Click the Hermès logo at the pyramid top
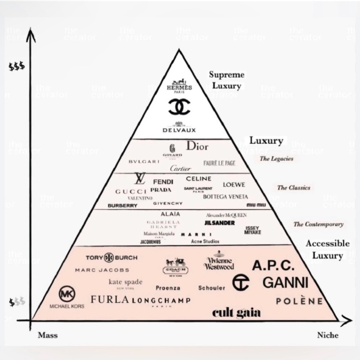point(179,86)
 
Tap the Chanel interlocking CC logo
point(179,107)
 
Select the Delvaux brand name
point(179,130)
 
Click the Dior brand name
point(197,146)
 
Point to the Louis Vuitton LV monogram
point(140,178)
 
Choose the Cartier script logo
point(180,168)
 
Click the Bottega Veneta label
point(225,197)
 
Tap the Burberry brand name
point(122,206)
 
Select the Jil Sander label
point(220,223)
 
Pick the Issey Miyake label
point(253,230)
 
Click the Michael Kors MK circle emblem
point(67,294)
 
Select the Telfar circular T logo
point(240,282)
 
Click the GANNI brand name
point(285,283)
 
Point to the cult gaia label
point(236,313)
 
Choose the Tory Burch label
point(111,258)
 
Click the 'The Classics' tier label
point(293,188)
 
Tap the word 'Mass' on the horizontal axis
point(48,335)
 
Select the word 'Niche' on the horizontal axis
point(328,335)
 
